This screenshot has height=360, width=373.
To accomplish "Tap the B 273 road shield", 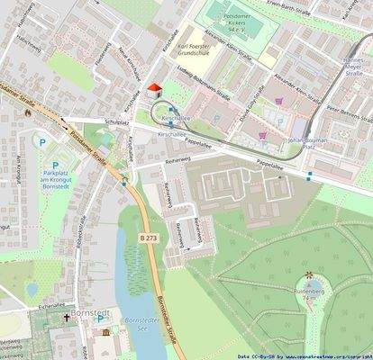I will (150, 237).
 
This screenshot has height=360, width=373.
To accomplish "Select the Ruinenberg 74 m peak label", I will (308, 294).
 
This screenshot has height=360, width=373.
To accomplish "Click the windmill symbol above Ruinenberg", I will (308, 275).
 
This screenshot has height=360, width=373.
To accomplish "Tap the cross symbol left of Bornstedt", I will (66, 319).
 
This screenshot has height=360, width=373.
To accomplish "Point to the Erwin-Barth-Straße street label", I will (293, 4).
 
